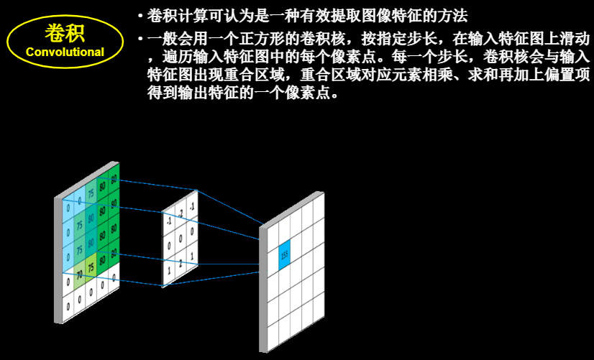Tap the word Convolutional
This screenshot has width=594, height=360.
(x=65, y=52)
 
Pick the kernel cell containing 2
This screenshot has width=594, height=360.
(x=181, y=261)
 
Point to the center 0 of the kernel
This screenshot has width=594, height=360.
(x=181, y=238)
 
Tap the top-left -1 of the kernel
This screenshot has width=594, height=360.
(x=169, y=221)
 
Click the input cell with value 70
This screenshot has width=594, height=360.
(x=78, y=274)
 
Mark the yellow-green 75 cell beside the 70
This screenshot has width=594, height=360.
(x=91, y=265)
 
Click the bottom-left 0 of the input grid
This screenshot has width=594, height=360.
(x=68, y=305)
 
